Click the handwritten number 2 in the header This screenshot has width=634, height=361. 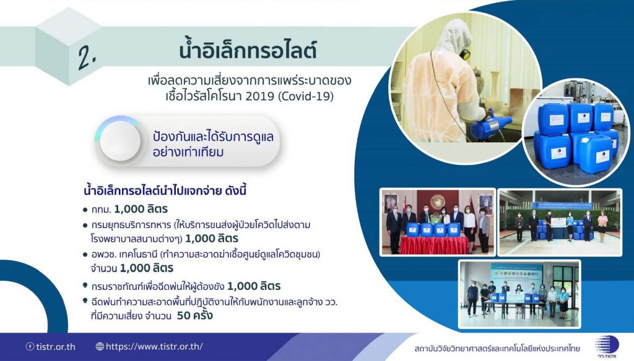(87, 57)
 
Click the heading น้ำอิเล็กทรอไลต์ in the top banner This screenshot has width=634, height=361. (248, 50)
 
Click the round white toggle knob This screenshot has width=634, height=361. (120, 141)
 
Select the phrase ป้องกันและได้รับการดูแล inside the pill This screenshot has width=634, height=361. (213, 136)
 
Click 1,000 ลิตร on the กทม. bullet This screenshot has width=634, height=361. (141, 209)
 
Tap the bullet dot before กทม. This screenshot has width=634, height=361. (85, 210)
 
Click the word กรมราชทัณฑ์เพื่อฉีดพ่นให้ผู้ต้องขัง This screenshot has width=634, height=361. (158, 286)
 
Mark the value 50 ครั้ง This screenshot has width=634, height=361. (194, 315)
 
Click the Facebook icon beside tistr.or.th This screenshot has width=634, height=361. (30, 346)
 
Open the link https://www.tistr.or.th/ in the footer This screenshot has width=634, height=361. (154, 346)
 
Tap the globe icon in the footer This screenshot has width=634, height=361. (100, 346)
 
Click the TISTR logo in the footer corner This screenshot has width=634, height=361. (607, 347)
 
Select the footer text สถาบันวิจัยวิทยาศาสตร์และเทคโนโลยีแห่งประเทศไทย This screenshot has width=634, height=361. (497, 348)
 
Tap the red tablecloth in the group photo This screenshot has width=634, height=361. (434, 245)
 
